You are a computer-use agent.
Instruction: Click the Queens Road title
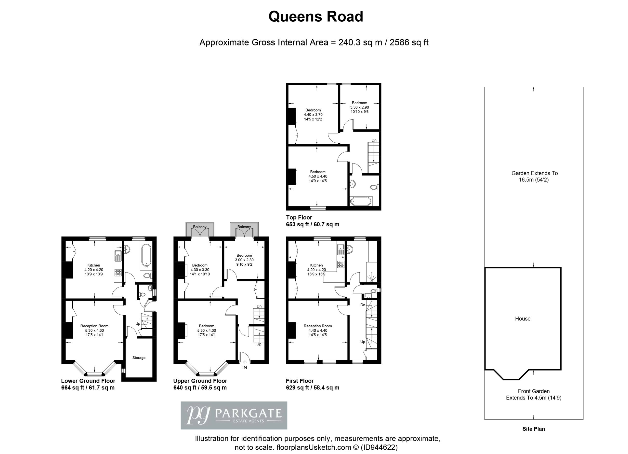[316, 17]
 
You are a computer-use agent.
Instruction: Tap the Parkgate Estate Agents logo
[234, 415]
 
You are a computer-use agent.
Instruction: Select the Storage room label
[139, 358]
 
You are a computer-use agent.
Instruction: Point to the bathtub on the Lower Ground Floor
[146, 255]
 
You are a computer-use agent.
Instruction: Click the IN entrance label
[245, 368]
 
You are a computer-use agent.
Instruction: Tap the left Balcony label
[200, 227]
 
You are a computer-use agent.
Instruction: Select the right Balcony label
[244, 227]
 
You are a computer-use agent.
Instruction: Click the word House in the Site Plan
[523, 319]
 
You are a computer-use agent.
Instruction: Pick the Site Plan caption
[534, 429]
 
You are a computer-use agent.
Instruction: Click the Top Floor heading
[299, 218]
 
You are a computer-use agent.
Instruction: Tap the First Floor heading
[300, 381]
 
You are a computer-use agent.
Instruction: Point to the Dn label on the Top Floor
[374, 140]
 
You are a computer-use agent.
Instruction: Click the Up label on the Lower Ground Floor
[138, 324]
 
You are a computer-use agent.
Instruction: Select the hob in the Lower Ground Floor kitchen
[118, 273]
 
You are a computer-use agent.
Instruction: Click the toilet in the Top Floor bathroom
[374, 187]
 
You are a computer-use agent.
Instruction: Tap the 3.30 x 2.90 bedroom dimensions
[359, 107]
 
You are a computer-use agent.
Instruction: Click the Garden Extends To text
[534, 173]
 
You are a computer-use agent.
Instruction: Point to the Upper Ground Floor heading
[200, 381]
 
